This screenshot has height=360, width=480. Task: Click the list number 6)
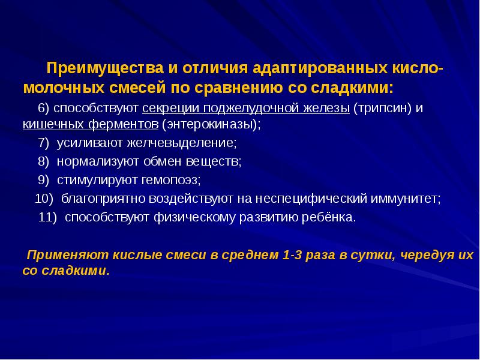(44, 109)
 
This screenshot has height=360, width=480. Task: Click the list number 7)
(45, 143)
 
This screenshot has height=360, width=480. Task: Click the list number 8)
(45, 161)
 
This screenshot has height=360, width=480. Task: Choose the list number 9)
(45, 179)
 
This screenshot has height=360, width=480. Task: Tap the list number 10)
(44, 198)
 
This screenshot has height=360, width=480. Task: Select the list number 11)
(48, 217)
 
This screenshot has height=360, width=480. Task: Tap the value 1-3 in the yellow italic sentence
(292, 255)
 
